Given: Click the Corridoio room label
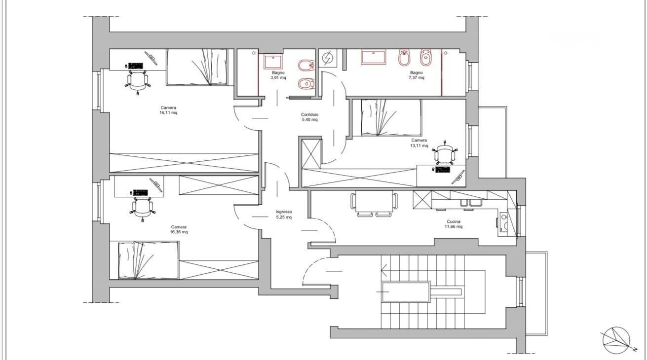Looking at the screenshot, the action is tap(309, 114).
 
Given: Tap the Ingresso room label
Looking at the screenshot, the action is tap(284, 212).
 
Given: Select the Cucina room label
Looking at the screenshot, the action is tap(454, 221).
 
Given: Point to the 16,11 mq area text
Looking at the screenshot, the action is tap(168, 112).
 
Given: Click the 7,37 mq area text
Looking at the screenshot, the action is tap(416, 77).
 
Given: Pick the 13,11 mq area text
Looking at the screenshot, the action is tap(419, 145).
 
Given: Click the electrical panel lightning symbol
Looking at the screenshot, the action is tap(328, 58).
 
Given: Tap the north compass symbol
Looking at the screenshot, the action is tap(616, 341).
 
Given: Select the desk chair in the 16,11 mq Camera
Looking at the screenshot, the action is tap(138, 81).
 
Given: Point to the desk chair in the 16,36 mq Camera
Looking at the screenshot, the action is tap(143, 208).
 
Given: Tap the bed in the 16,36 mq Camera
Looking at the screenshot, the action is tap(148, 260).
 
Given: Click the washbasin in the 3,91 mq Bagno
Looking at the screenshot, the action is tap(272, 62).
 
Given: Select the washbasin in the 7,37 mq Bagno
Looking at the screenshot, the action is tap(373, 57).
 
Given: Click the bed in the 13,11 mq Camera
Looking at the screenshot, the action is tap(391, 117).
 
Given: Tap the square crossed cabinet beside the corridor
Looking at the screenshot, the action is tap(311, 154).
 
